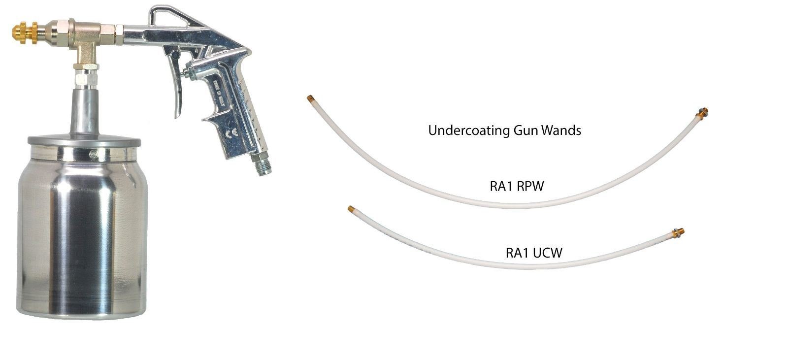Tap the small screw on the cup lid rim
92,155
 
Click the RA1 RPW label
514,186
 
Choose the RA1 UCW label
534,253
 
